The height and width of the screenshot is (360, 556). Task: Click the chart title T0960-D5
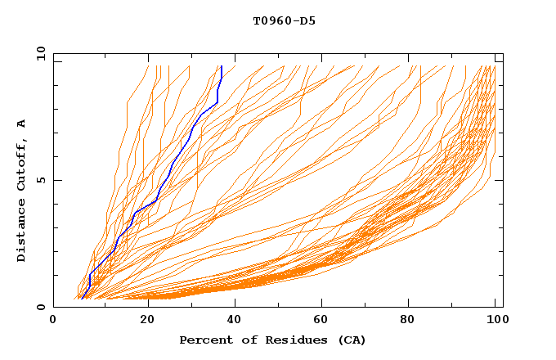[x=285, y=21]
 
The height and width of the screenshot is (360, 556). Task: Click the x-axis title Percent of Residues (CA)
[x=273, y=340]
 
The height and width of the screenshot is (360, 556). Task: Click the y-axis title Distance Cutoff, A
[x=21, y=191]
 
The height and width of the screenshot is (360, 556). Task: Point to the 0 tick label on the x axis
[x=54, y=321]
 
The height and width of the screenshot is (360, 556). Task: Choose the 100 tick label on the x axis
[x=495, y=321]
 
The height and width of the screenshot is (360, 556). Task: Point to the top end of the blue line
[x=222, y=66]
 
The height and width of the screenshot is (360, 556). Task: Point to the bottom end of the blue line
[x=81, y=299]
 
